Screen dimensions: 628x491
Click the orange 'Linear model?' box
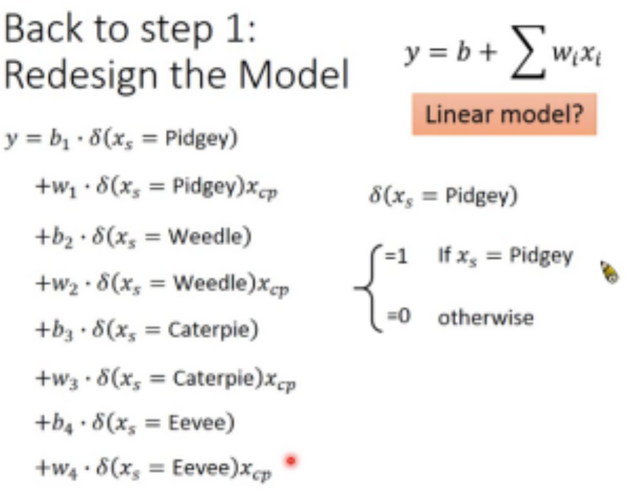tap(504, 114)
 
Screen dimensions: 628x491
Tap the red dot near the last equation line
tap(291, 461)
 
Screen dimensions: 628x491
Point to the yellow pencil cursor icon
tap(610, 272)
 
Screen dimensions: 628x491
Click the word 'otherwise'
tap(485, 318)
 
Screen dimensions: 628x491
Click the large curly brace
tap(367, 287)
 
